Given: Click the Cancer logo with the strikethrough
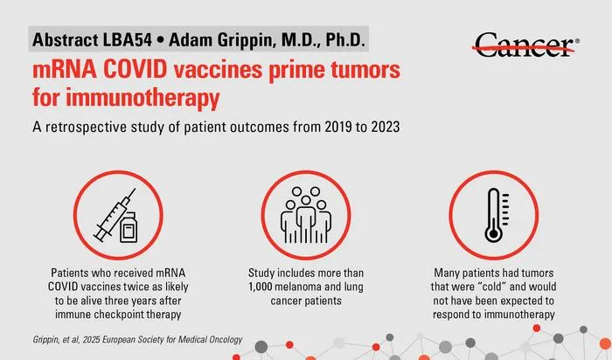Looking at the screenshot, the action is [x=525, y=45].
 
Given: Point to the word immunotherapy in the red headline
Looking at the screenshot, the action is [x=143, y=98].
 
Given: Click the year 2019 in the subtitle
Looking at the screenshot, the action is [x=336, y=128].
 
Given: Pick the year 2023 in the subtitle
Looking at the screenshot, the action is [x=386, y=128].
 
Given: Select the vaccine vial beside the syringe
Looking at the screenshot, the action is [x=128, y=227].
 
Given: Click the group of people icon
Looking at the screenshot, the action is [x=306, y=215].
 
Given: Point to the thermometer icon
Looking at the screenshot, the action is [x=496, y=215].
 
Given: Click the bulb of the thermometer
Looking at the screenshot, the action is [x=493, y=234].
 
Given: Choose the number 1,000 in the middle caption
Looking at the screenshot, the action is [x=260, y=287].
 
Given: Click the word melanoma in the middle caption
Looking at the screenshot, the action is [x=298, y=287].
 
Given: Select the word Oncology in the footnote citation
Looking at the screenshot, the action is [x=224, y=340].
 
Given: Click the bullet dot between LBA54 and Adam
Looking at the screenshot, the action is [x=160, y=40].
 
